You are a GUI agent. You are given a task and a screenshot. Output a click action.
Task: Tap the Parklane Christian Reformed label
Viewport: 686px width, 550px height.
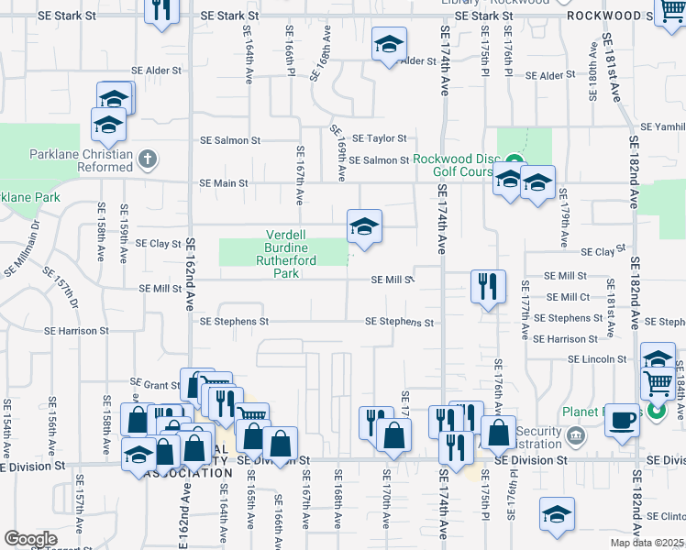(80, 160)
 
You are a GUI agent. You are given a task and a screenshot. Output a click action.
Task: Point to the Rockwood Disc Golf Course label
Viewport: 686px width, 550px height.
(455, 165)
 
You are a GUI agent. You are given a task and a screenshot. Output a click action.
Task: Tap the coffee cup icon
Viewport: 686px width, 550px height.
(623, 419)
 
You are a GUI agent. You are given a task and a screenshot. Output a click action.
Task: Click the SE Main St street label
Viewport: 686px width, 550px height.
(224, 183)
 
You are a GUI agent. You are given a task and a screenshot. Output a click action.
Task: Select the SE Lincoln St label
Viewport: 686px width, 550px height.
(597, 359)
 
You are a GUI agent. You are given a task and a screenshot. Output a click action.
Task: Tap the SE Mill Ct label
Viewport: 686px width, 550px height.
(569, 297)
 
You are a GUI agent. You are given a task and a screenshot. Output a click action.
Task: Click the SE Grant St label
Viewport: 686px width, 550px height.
(154, 384)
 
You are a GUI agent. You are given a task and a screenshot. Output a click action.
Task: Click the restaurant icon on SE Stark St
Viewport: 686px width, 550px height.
(161, 12)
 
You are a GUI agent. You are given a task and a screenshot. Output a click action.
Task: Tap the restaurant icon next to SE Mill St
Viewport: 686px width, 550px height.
(488, 286)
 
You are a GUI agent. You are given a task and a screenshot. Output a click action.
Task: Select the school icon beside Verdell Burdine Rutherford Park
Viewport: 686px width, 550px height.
(364, 226)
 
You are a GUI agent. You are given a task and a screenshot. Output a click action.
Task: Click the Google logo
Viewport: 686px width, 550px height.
(29, 538)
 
